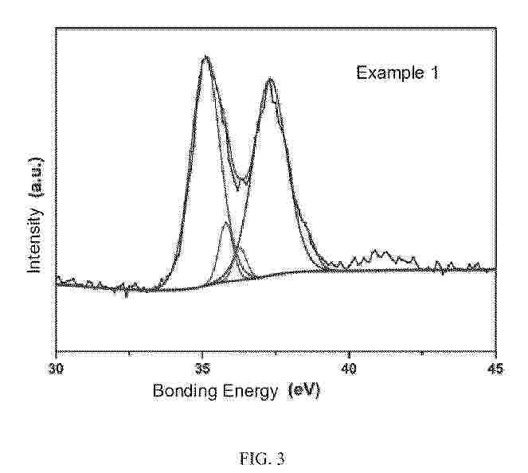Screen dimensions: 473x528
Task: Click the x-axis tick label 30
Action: point(57,369)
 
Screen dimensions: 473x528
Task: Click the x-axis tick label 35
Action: point(202,369)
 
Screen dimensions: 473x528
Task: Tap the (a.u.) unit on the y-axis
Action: point(34,177)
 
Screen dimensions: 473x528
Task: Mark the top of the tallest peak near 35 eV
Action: point(206,57)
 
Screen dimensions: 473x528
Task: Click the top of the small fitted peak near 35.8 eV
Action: point(227,223)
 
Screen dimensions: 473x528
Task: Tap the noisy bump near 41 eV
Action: point(383,254)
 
